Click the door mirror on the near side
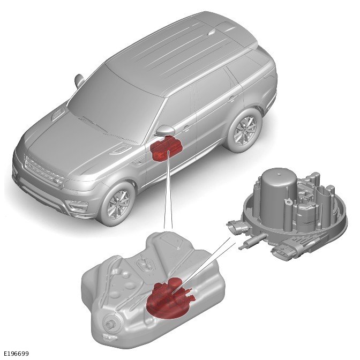point(165,130)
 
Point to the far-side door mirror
point(79,81)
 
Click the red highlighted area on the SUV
point(166,148)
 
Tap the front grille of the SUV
point(44,169)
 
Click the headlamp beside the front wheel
point(78,205)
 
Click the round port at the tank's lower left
point(111,324)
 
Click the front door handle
point(186,127)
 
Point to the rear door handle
point(232,99)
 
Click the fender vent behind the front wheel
point(137,163)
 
